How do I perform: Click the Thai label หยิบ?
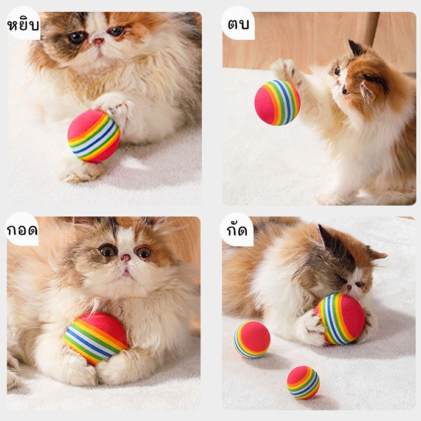pyautogui.click(x=23, y=25)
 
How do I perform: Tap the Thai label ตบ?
pyautogui.click(x=238, y=24)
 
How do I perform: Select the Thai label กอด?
pyautogui.click(x=22, y=230)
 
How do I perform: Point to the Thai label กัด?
pyautogui.click(x=237, y=230)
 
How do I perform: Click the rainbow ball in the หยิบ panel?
pyautogui.click(x=93, y=136)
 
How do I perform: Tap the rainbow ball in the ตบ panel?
pyautogui.click(x=277, y=102)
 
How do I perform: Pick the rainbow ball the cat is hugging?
pyautogui.click(x=96, y=338)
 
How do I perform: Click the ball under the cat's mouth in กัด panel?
pyautogui.click(x=341, y=319)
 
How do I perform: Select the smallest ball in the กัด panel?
pyautogui.click(x=303, y=383)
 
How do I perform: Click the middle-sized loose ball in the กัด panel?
pyautogui.click(x=252, y=340)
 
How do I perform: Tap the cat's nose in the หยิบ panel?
pyautogui.click(x=99, y=41)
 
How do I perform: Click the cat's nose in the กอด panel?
pyautogui.click(x=126, y=258)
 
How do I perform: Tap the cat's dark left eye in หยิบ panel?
pyautogui.click(x=77, y=37)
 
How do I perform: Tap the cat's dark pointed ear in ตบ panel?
pyautogui.click(x=355, y=48)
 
